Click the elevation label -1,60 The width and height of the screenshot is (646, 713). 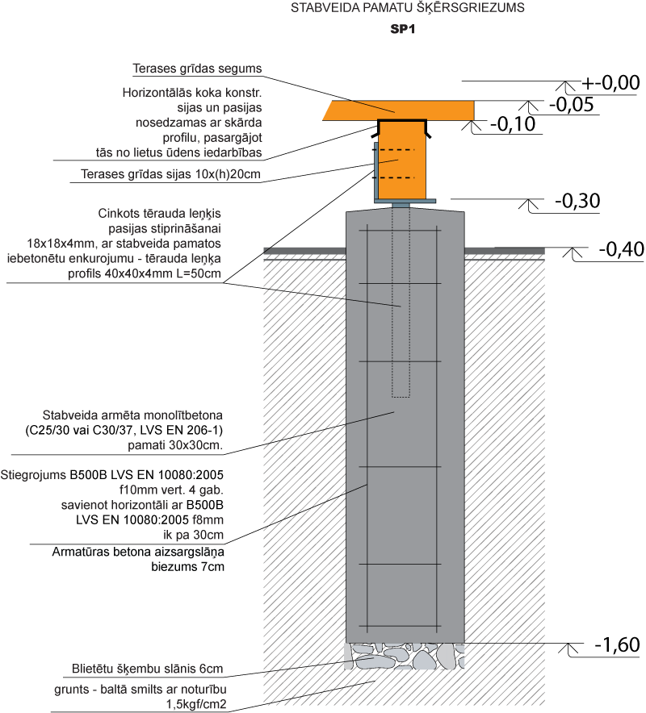(617, 644)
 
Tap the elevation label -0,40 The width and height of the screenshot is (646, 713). (622, 249)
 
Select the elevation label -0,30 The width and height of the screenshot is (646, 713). (577, 201)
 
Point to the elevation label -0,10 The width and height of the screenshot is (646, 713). (513, 124)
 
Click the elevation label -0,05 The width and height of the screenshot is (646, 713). (572, 105)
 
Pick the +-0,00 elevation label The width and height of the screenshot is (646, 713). (610, 83)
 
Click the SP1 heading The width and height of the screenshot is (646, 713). (403, 29)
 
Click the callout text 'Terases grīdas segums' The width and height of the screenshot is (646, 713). (197, 69)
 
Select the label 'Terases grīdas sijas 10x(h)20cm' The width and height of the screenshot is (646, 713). (170, 174)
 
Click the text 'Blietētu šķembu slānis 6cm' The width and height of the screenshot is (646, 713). (148, 669)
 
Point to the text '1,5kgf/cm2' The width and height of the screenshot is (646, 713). (196, 704)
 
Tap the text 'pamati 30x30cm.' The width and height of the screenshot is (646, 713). (175, 445)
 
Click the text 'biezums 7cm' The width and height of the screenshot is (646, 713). (187, 567)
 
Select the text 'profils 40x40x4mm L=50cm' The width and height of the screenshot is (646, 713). (145, 273)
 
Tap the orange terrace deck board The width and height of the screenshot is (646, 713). (398, 111)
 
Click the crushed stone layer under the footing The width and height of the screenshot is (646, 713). (405, 656)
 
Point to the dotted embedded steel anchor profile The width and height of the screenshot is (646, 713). (401, 302)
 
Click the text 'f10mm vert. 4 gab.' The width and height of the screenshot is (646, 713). (171, 490)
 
